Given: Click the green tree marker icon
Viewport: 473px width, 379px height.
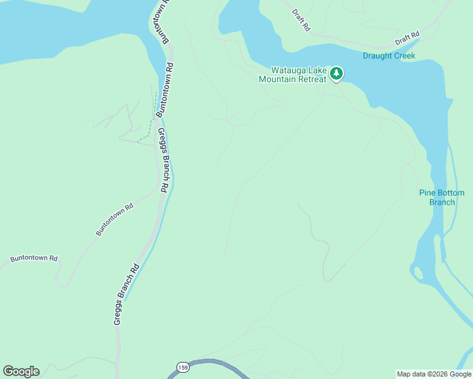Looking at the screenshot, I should (336, 74).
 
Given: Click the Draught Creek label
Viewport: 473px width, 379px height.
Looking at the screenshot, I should (389, 56).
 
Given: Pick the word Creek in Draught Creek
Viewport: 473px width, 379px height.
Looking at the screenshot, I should (404, 56).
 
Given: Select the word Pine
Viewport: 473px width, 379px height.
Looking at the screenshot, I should (427, 193).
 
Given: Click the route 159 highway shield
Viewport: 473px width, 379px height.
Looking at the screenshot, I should (183, 368).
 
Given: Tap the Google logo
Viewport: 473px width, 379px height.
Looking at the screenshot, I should (21, 371).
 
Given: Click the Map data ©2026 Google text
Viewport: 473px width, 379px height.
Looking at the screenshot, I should (434, 374).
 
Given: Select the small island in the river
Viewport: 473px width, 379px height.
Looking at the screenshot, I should (417, 274).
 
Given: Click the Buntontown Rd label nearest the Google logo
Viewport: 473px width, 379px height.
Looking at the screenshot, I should (34, 259).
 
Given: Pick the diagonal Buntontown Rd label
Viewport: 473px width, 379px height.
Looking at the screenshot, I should (114, 220).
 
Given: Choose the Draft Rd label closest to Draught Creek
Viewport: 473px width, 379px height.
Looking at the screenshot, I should (407, 39).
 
